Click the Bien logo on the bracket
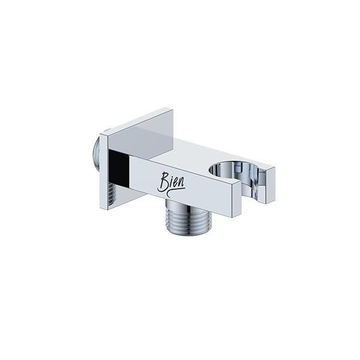click(171, 185)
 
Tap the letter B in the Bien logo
click(163, 182)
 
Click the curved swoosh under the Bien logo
click(175, 193)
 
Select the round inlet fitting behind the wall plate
click(96, 151)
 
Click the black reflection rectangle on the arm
click(118, 168)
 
